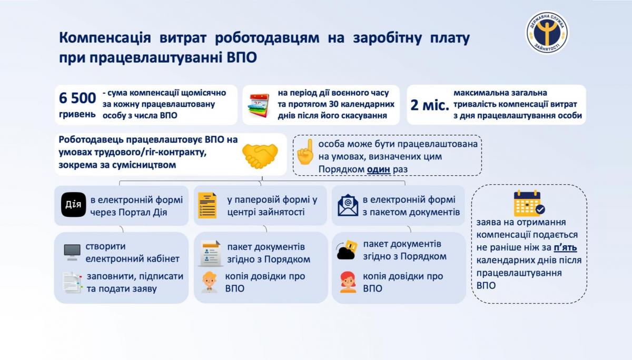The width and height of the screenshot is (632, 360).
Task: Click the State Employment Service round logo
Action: point(547,32)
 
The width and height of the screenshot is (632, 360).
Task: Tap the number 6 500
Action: point(77,98)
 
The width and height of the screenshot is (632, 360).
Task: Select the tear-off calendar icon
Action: point(259,105)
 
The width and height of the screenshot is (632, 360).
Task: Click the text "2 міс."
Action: point(429,105)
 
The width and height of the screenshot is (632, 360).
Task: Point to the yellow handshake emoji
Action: point(260,156)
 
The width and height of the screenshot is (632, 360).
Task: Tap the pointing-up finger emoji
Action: point(305,152)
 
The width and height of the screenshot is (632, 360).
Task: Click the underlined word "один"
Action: point(378,169)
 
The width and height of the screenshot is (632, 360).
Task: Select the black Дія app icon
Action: point(73,205)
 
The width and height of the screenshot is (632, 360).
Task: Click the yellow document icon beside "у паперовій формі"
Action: point(208,205)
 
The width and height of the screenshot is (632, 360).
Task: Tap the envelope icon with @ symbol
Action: point(348,205)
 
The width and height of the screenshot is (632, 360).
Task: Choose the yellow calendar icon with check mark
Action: point(529,203)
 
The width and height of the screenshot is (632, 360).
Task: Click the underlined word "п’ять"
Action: point(565,247)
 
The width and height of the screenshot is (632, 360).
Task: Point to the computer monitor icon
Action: point(72,252)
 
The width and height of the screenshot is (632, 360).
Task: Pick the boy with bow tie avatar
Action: point(210,282)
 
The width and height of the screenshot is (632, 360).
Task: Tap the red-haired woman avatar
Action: point(348,282)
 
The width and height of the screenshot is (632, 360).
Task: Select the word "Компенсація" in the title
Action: point(105,38)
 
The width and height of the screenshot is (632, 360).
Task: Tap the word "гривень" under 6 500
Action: point(77,114)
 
